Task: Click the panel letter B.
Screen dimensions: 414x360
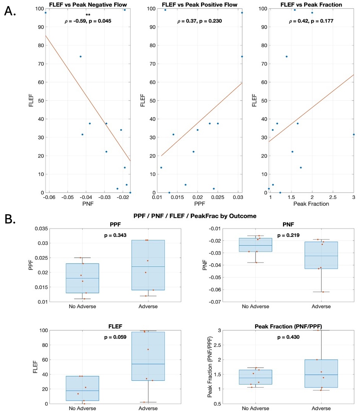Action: click(10, 219)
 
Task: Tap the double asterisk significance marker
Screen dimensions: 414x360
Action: click(88, 15)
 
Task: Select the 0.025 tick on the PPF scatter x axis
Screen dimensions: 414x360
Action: click(218, 197)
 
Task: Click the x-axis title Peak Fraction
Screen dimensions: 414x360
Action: click(311, 204)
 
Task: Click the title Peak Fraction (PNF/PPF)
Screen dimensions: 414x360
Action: click(288, 326)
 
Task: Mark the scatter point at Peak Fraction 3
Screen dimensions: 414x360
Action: click(353, 135)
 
